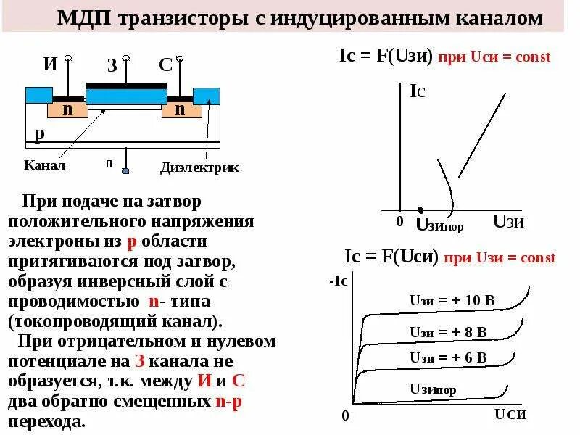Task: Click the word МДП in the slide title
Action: pyautogui.click(x=83, y=18)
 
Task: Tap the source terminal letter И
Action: pyautogui.click(x=50, y=64)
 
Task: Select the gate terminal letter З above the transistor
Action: pyautogui.click(x=112, y=66)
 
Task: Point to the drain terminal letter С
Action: pyautogui.click(x=165, y=65)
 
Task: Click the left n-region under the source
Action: pyautogui.click(x=67, y=109)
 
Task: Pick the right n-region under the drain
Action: pyautogui.click(x=179, y=109)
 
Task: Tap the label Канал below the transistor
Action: pyautogui.click(x=45, y=165)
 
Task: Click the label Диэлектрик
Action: pyautogui.click(x=199, y=168)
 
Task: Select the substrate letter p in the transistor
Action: pyautogui.click(x=39, y=134)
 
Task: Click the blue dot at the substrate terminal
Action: pyautogui.click(x=125, y=171)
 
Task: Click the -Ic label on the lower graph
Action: pyautogui.click(x=339, y=281)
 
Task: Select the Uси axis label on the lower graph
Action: pyautogui.click(x=510, y=414)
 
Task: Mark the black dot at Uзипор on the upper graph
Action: pyautogui.click(x=421, y=210)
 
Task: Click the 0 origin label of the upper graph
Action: pyautogui.click(x=399, y=221)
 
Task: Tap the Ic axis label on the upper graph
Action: pyautogui.click(x=417, y=91)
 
